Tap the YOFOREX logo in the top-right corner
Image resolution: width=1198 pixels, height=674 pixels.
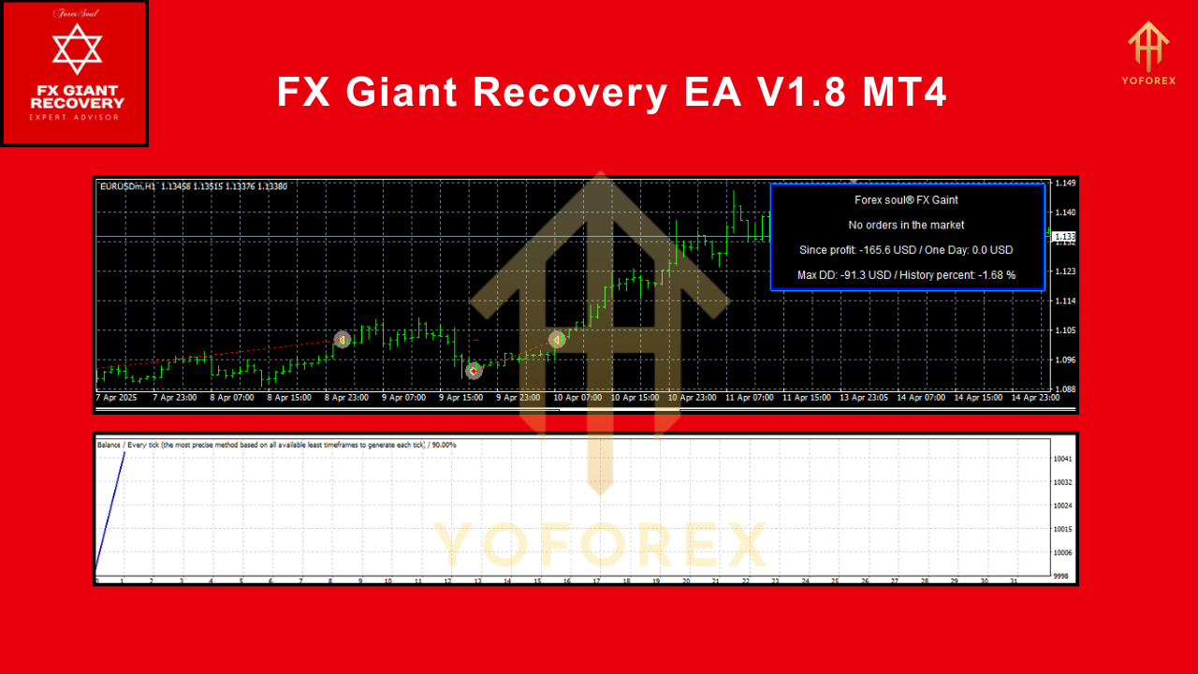point(1147,52)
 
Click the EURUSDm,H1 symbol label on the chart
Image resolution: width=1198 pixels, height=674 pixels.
point(127,186)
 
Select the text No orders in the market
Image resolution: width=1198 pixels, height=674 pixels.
point(906,225)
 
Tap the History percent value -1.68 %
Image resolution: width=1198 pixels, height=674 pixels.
point(997,275)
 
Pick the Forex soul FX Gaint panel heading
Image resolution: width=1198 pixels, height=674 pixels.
point(906,199)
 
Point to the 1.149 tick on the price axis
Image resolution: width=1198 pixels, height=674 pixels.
point(1065,183)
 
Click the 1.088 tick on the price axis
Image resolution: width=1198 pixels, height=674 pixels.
point(1065,389)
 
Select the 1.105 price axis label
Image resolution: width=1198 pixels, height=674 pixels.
point(1065,330)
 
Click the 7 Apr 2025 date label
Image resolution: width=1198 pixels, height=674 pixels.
point(117,398)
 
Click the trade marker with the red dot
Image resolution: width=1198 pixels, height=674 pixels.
point(474,371)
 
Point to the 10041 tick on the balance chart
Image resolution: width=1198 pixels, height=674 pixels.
point(1061,459)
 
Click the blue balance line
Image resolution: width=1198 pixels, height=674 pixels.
point(110,510)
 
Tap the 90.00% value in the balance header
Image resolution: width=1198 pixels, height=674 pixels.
point(442,445)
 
